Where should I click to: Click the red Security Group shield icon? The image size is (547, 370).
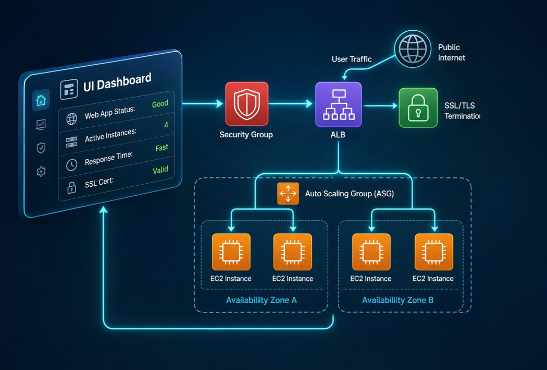coord(246,104)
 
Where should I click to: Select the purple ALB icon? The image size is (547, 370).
coord(339,104)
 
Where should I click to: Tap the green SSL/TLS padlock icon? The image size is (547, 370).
coord(418,108)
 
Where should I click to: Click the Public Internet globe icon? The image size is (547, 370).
coord(413,49)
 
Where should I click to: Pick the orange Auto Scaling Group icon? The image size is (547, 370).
coord(288,193)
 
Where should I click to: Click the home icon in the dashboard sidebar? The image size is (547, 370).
coord(41,100)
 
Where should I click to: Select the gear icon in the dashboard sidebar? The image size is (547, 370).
coord(41,171)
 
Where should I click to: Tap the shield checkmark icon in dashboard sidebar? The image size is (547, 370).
coord(41,148)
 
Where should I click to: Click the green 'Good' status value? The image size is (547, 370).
coord(160,104)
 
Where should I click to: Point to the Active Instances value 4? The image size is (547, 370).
coord(166,125)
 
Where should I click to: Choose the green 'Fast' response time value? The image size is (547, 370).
coord(162,148)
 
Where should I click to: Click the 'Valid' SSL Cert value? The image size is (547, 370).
coord(160,170)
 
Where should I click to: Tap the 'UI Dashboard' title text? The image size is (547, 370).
coord(117,82)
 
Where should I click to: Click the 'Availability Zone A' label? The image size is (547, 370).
coord(262,300)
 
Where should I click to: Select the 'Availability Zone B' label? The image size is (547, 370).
coord(397,300)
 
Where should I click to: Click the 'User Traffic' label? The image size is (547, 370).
coord(352,59)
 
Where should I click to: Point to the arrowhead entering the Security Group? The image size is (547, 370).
coord(219,103)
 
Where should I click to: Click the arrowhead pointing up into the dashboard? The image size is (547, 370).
coord(103,210)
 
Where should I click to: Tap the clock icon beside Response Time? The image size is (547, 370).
coord(71,164)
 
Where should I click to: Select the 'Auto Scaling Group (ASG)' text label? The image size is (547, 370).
coord(350,194)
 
